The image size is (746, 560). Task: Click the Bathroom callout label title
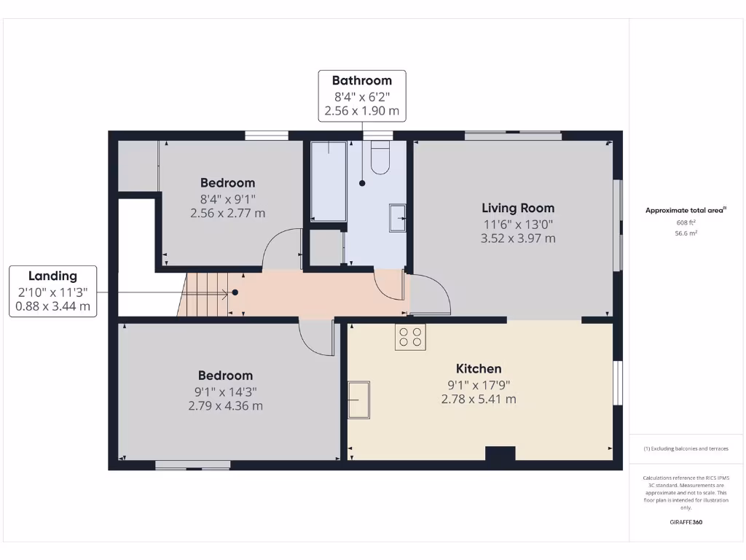[x=362, y=80]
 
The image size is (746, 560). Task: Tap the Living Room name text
[x=518, y=208]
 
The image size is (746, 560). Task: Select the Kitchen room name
[x=479, y=368]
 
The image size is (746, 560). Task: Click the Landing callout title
[x=52, y=276]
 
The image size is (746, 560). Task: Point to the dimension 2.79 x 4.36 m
[x=225, y=405]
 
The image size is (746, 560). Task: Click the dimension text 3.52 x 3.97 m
[x=518, y=238]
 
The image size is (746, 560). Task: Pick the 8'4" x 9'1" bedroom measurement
[x=227, y=198]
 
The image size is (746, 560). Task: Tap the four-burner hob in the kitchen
[x=410, y=337]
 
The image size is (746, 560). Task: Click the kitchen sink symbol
[x=358, y=400]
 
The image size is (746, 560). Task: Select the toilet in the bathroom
[x=381, y=157]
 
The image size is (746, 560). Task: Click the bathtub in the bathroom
[x=328, y=181]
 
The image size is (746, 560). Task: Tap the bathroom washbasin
[x=398, y=217]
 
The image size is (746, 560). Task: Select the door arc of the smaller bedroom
[x=281, y=249]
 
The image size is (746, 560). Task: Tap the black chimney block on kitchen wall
[x=500, y=454]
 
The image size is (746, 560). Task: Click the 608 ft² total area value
[x=686, y=222]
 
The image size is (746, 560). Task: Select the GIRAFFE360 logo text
[x=686, y=522]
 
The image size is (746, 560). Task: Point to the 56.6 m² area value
[x=686, y=233]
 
